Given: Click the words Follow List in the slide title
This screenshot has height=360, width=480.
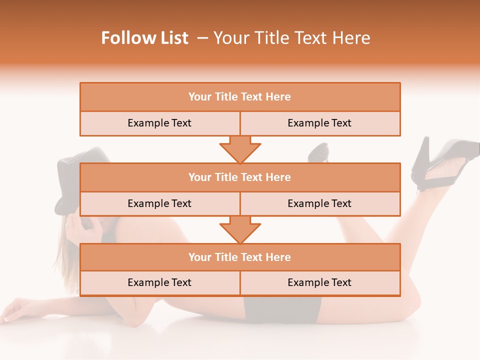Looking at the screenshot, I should point(144,38).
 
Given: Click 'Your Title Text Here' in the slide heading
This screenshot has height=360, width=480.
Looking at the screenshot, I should point(291,38).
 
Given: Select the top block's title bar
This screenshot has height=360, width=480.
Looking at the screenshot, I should point(239,97).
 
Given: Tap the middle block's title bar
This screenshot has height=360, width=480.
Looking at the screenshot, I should point(239,177).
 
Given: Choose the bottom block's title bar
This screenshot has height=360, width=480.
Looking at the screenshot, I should point(239,257).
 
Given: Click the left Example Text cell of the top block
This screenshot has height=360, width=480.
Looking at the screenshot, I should point(159,123).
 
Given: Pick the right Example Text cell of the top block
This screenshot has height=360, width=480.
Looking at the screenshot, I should point(319,123).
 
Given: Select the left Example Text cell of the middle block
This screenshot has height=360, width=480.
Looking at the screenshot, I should point(159,204).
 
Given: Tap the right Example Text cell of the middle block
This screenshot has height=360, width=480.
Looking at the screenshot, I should point(319,204).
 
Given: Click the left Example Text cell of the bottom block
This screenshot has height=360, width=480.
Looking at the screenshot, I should point(159,283).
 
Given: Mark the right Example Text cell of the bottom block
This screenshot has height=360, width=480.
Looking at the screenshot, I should point(319,283).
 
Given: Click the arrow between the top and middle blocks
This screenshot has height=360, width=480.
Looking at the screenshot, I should point(240,149).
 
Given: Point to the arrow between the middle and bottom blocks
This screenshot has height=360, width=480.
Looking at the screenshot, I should point(240,230).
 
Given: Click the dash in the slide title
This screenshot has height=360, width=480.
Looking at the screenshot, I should point(202,38).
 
